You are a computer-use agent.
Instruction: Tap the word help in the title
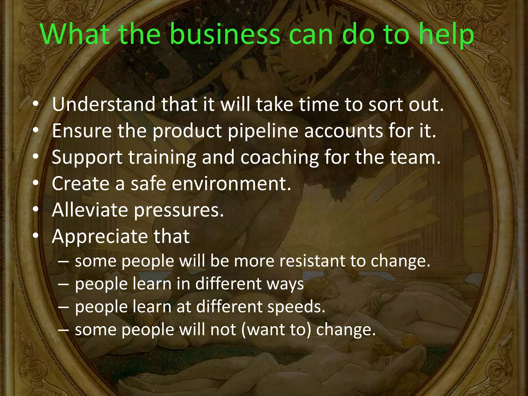point(447,35)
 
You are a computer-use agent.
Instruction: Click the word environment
point(231,184)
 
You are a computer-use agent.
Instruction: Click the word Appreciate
point(99,237)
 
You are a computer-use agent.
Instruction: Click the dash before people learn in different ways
point(63,284)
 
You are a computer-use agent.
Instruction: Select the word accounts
point(343,131)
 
